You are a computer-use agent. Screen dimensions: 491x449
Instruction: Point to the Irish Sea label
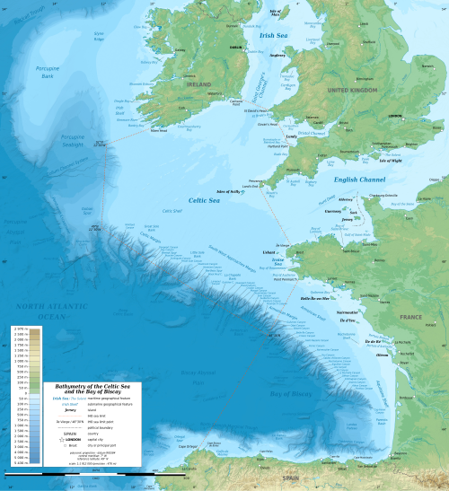tap(273, 35)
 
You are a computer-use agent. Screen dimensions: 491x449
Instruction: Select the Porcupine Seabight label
tap(71, 141)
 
